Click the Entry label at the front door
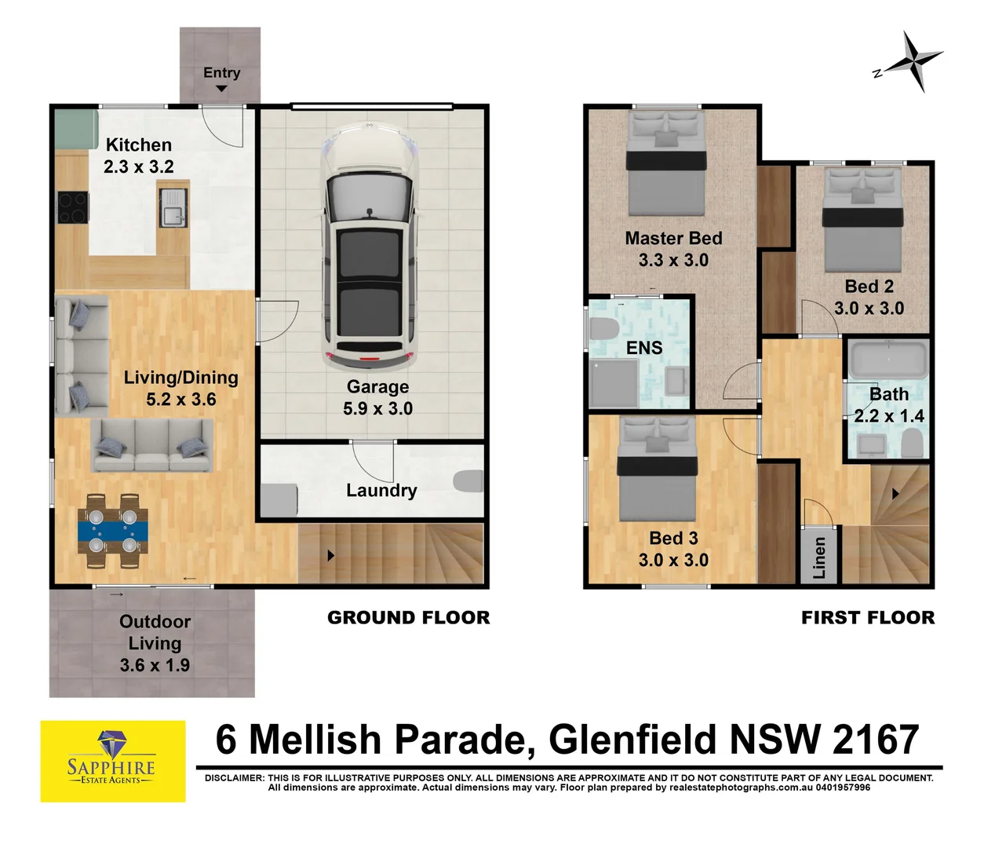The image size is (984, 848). pyautogui.click(x=221, y=73)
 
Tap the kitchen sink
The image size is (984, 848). pyautogui.click(x=173, y=208)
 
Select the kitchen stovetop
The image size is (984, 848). pyautogui.click(x=72, y=208)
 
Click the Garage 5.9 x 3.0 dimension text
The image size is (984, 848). pyautogui.click(x=377, y=408)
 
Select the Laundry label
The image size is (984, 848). pyautogui.click(x=381, y=491)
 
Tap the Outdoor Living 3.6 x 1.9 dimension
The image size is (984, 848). pyautogui.click(x=155, y=665)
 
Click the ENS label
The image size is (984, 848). pyautogui.click(x=644, y=348)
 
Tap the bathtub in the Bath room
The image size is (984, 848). pyautogui.click(x=888, y=360)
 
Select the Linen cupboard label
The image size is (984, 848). pyautogui.click(x=819, y=557)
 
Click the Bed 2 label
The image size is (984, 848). pyautogui.click(x=869, y=287)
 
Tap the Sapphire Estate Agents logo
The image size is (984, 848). pyautogui.click(x=113, y=761)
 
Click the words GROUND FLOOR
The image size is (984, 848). pyautogui.click(x=408, y=618)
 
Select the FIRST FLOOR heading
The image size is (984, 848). pyautogui.click(x=868, y=618)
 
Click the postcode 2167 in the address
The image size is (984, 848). pyautogui.click(x=875, y=740)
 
